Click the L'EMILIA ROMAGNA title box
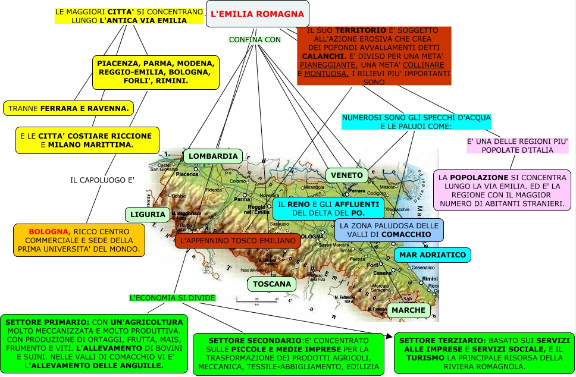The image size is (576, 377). click(x=258, y=13)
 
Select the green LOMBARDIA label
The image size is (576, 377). click(x=213, y=156)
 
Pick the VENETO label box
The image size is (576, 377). click(x=347, y=175)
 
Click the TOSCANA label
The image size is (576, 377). click(x=272, y=284)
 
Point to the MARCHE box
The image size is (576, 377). click(x=409, y=310)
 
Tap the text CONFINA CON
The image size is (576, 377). click(x=255, y=40)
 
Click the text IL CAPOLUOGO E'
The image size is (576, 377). click(x=102, y=180)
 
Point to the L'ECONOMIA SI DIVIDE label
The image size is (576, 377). click(x=173, y=297)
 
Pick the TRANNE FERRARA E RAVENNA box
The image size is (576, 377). click(x=68, y=109)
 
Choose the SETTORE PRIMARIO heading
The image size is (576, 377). click(x=39, y=322)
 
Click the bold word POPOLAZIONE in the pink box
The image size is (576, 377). click(x=478, y=178)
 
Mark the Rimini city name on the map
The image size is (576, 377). click(x=430, y=278)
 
